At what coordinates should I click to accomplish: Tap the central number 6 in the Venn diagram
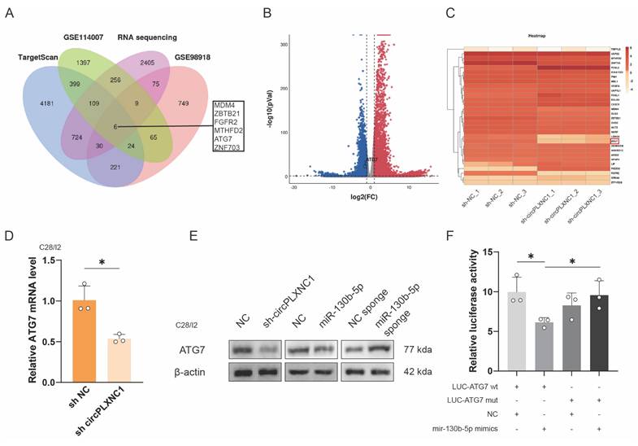click(116, 126)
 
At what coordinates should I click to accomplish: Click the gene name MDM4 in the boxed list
click(225, 106)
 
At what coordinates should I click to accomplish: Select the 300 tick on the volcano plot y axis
click(284, 42)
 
